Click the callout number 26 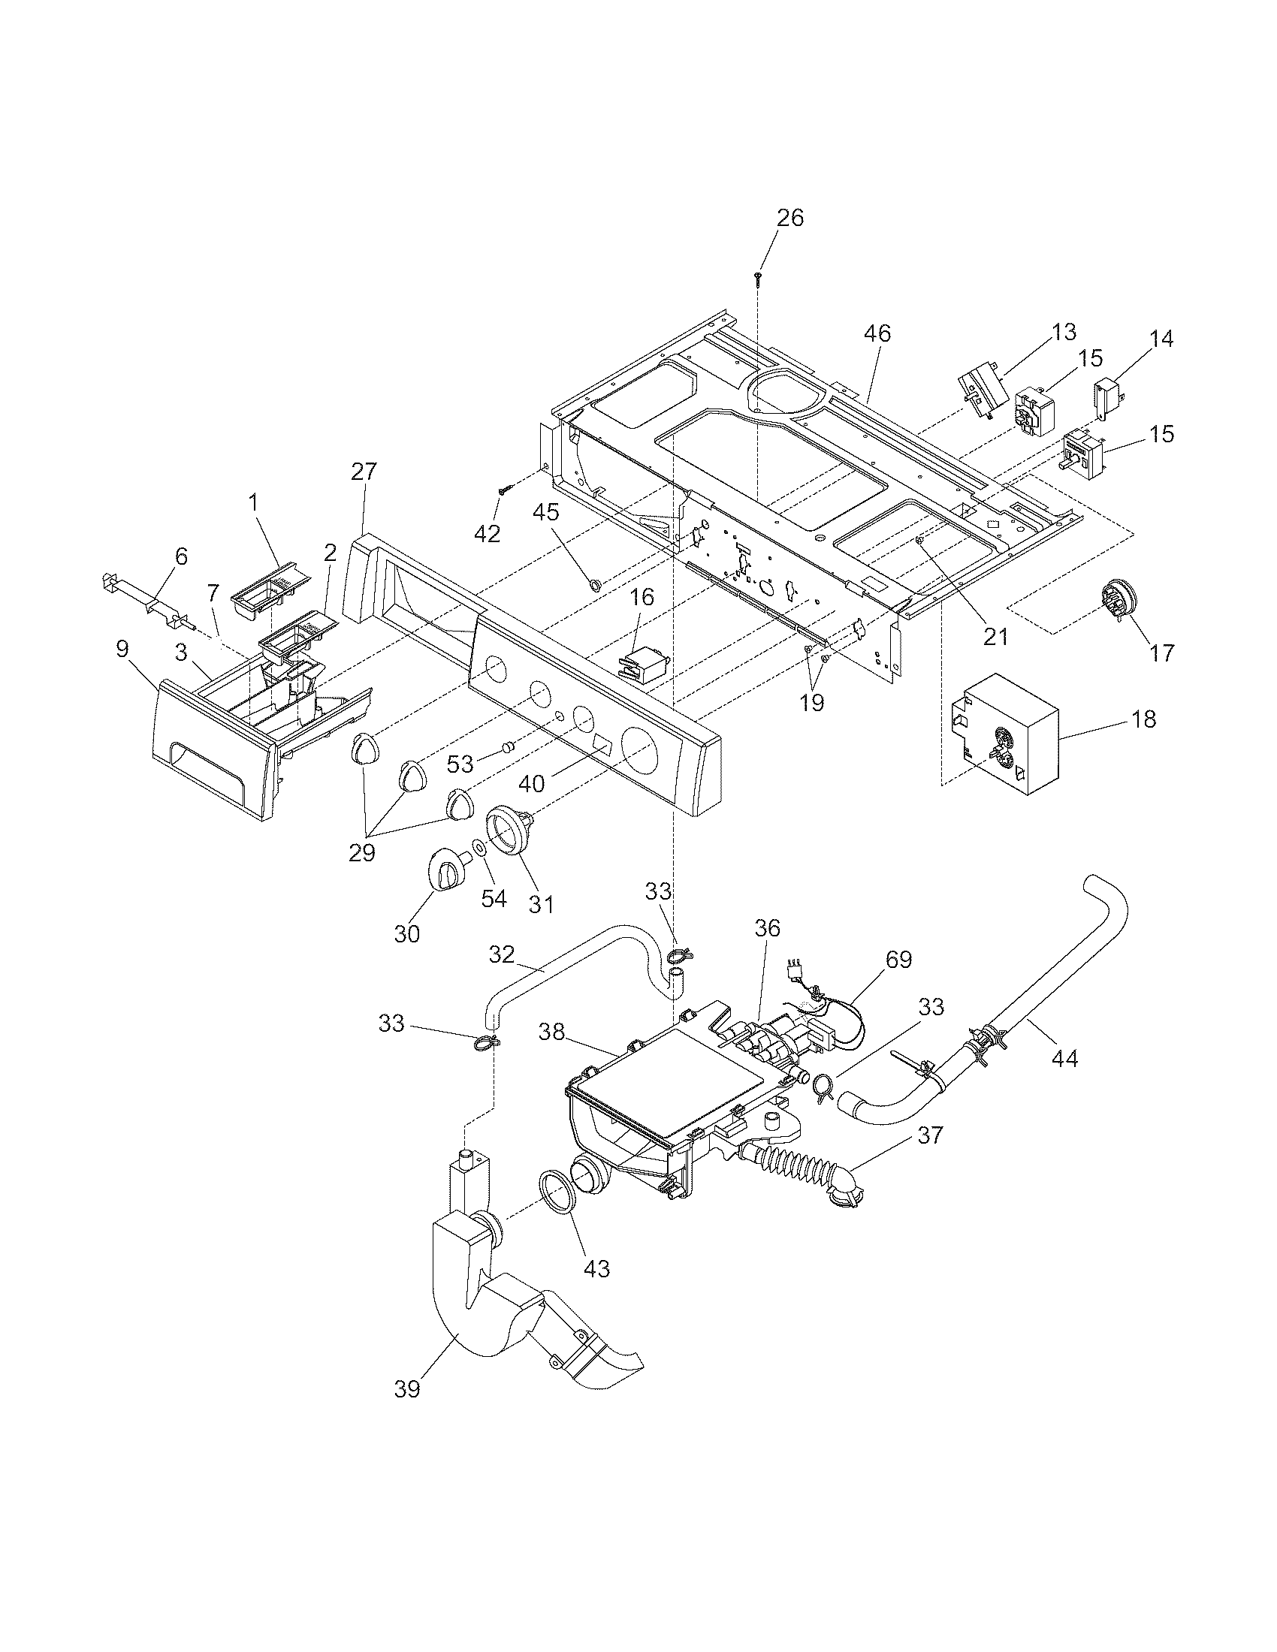tap(790, 218)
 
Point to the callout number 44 tap(1064, 1058)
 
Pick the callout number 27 tap(363, 472)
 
